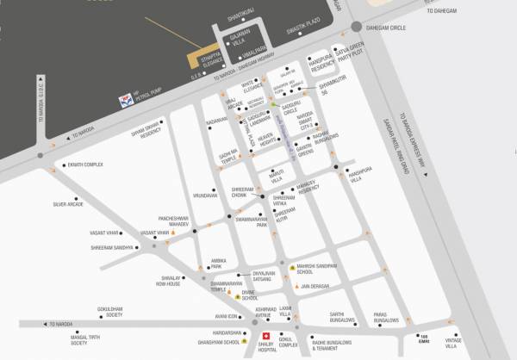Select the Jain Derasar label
tap(317, 284)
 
